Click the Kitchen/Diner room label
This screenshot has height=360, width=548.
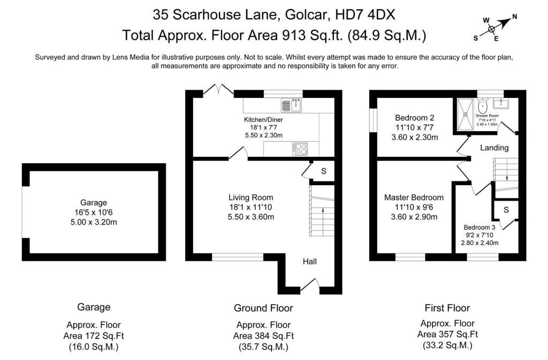click(x=263, y=119)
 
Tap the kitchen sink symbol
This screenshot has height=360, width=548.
click(x=292, y=105)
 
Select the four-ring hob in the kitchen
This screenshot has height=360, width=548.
click(x=300, y=149)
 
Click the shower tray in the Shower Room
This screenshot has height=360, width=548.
click(x=465, y=114)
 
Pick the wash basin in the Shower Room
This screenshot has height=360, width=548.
click(x=501, y=103)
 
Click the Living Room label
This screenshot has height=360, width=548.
click(x=250, y=197)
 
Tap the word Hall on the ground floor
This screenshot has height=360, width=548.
click(x=310, y=262)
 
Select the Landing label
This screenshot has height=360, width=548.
click(x=494, y=148)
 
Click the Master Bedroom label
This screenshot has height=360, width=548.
click(x=414, y=197)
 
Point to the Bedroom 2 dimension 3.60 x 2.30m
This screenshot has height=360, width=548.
click(x=415, y=137)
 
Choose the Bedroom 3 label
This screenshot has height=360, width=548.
click(x=479, y=227)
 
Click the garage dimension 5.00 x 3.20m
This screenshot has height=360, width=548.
click(x=94, y=222)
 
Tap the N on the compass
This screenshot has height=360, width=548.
click(x=514, y=17)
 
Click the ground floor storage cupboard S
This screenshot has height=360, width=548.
click(x=324, y=171)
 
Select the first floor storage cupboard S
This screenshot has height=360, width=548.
click(x=506, y=210)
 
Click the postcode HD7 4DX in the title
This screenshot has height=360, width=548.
click(x=365, y=14)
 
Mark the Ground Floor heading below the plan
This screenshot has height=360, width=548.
click(x=263, y=308)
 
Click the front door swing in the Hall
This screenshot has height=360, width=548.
click(x=310, y=284)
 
